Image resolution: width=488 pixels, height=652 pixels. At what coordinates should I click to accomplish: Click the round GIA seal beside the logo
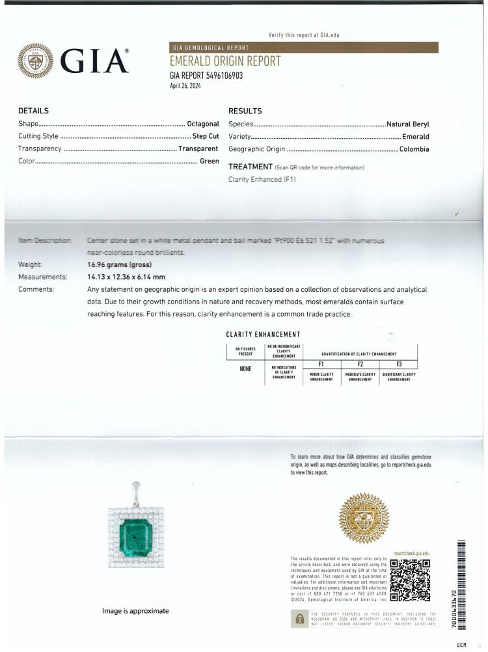coord(35,61)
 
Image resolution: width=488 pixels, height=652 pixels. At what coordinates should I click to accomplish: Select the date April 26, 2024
coord(185,85)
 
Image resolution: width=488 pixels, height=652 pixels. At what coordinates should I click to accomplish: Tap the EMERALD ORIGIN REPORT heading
coord(225,61)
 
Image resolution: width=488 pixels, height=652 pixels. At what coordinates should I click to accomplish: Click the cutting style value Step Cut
coord(206,136)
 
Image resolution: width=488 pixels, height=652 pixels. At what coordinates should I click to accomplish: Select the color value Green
coord(209,161)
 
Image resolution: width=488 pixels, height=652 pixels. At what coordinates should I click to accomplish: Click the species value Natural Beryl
coord(408,124)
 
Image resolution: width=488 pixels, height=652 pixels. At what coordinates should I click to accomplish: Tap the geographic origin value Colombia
coord(414,149)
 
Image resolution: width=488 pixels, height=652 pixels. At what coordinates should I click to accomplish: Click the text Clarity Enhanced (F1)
coord(262,179)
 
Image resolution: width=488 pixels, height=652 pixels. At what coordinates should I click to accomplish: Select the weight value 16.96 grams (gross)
coord(119,265)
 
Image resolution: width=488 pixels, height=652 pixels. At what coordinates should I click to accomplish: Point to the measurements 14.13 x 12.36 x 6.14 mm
coord(126,277)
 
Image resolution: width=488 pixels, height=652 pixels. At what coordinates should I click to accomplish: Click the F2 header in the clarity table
coord(360,364)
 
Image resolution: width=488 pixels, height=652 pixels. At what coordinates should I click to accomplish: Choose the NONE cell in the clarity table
coord(246,369)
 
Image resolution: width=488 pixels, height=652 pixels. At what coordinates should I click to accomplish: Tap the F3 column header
coord(399,364)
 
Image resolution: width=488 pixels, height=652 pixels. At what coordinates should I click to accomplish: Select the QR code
coord(410,580)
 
